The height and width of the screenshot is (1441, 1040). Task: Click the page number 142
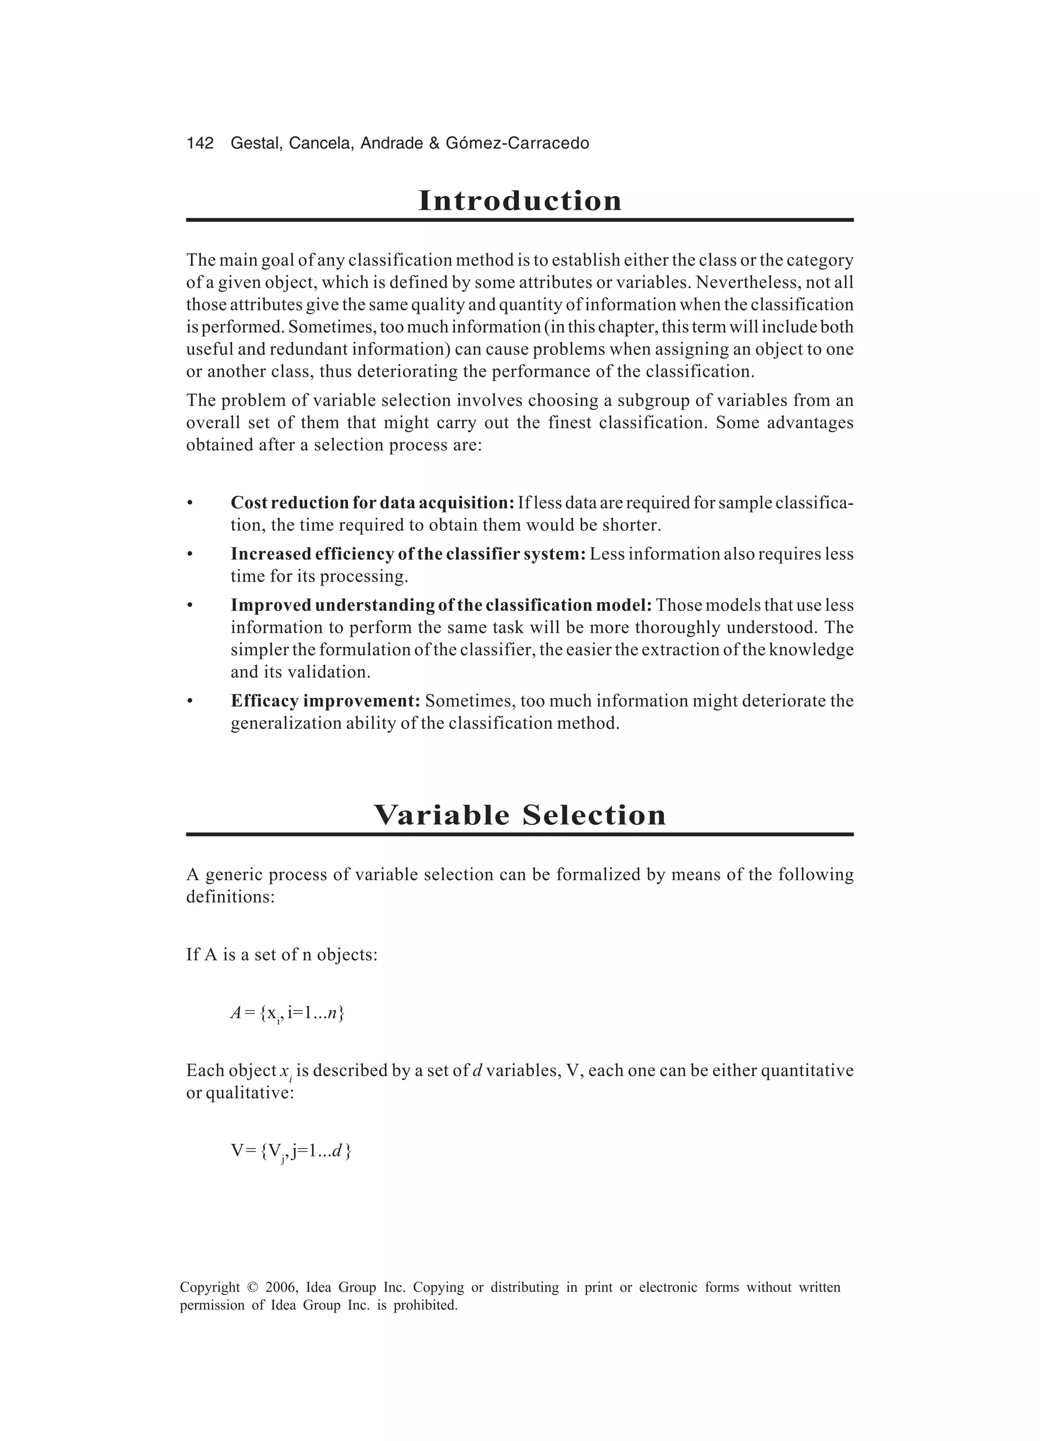(200, 144)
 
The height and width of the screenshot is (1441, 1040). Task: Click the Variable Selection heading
(519, 815)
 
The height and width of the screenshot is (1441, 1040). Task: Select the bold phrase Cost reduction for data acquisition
(372, 502)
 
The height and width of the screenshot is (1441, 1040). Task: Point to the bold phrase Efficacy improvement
(326, 701)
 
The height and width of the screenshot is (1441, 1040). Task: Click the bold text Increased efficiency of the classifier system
(408, 554)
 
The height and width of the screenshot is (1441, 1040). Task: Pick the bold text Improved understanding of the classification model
(441, 605)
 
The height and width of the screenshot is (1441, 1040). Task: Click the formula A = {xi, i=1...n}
(287, 1013)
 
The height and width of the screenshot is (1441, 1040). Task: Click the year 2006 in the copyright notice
(281, 1287)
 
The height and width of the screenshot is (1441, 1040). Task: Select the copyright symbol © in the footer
(252, 1287)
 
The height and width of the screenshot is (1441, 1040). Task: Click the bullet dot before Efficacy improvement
(189, 701)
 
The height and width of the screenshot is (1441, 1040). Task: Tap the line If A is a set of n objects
(281, 955)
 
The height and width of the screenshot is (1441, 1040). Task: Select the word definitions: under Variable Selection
(230, 897)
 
